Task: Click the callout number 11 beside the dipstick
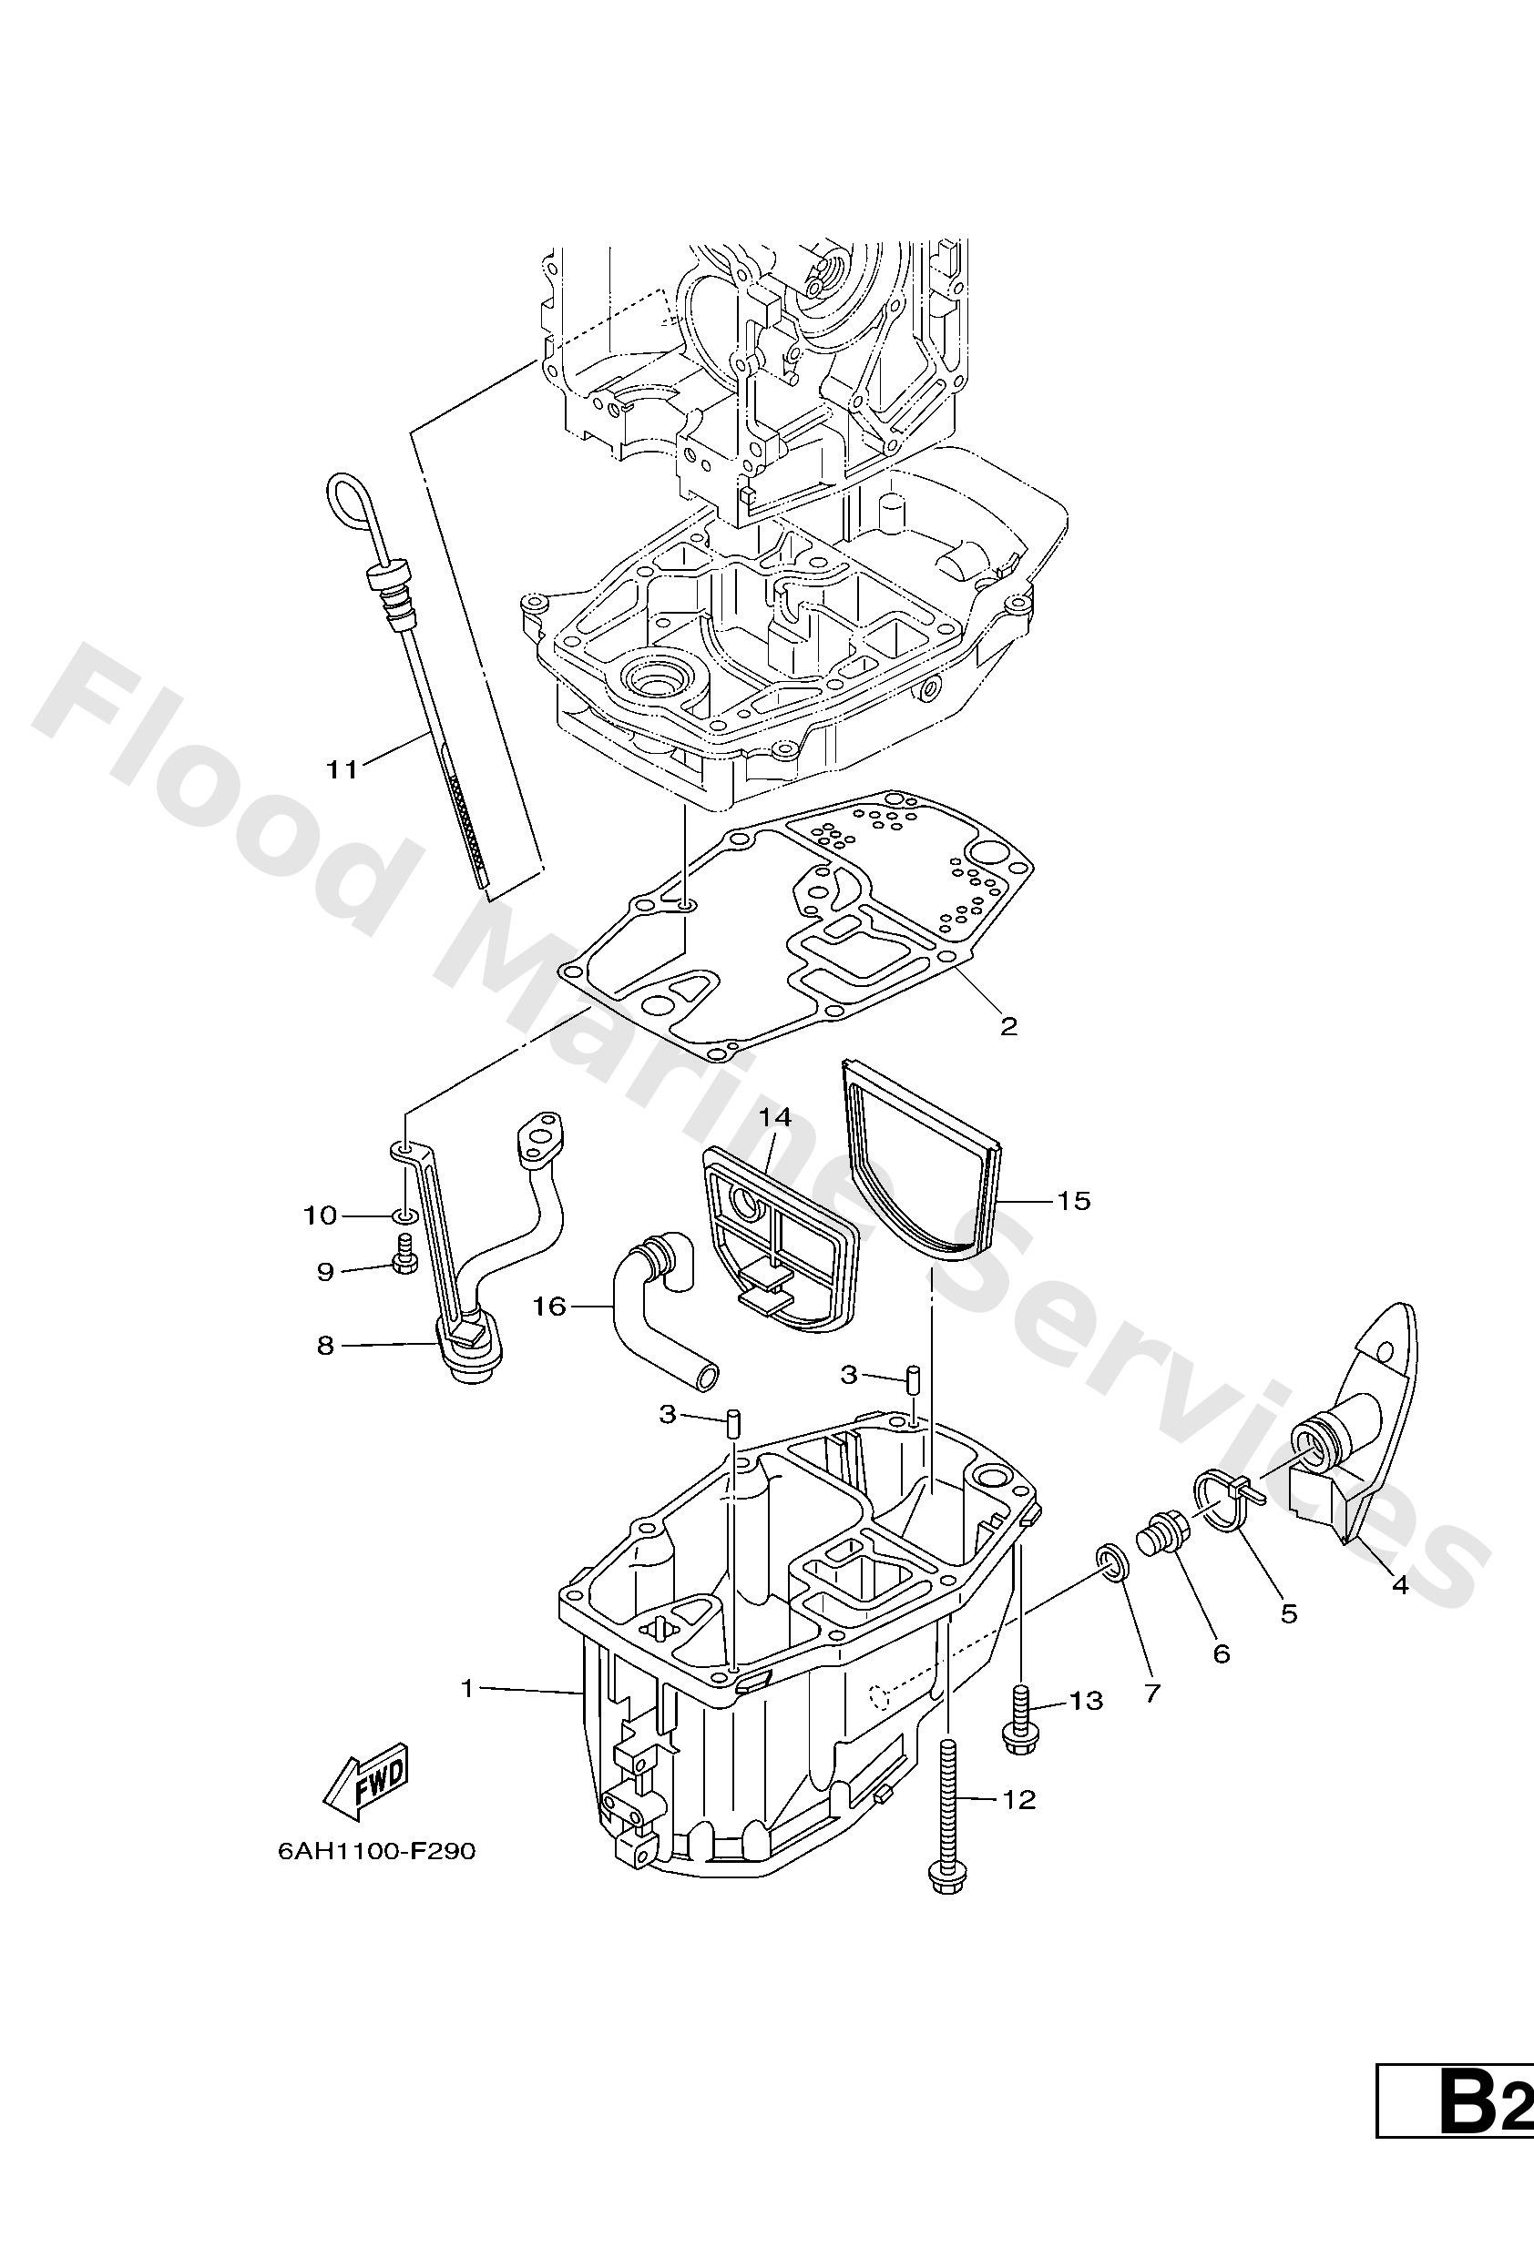click(342, 769)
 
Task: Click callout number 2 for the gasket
click(1008, 1025)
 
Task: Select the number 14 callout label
click(776, 1117)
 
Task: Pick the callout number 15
click(1074, 1201)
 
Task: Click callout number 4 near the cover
click(1400, 1584)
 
